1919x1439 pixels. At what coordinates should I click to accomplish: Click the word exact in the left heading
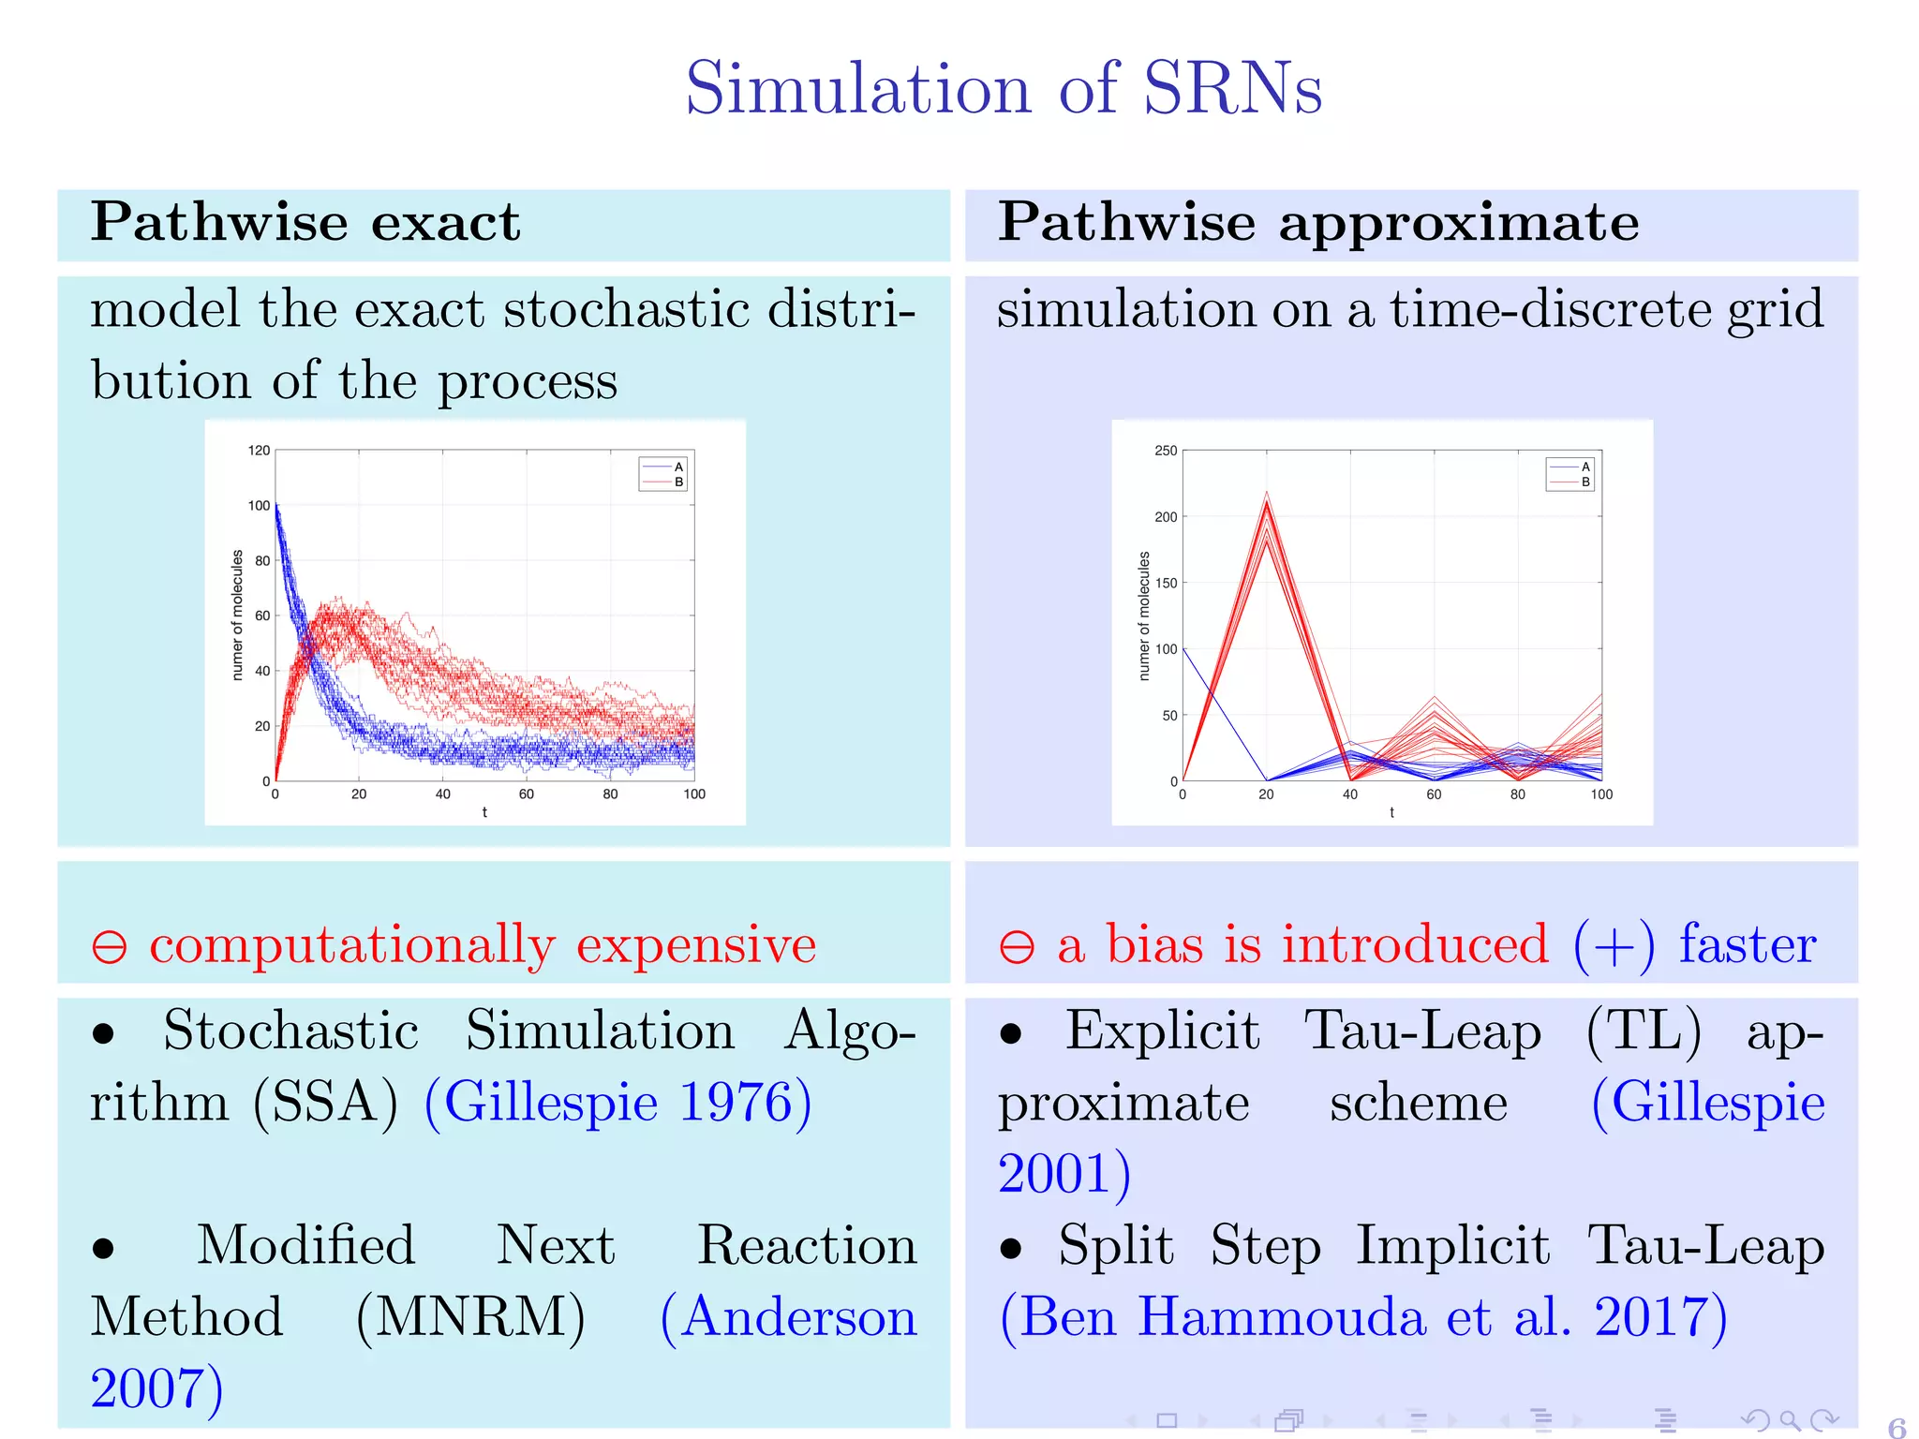(445, 223)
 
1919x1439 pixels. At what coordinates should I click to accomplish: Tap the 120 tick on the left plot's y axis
(259, 451)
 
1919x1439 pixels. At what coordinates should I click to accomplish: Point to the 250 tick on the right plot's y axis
(1166, 451)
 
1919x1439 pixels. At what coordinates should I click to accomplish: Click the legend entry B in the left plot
(678, 482)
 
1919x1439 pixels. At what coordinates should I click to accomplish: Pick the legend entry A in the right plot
(1585, 467)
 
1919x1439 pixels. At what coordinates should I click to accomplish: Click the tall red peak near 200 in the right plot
(1267, 506)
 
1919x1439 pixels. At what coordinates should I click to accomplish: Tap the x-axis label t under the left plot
(484, 812)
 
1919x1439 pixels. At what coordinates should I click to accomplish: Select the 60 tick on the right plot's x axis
(1434, 794)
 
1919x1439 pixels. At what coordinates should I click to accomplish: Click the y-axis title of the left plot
(237, 615)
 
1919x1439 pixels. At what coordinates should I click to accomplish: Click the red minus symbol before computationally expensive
(110, 946)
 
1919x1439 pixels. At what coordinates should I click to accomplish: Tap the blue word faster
(1747, 943)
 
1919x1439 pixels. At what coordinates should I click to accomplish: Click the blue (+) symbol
(1614, 945)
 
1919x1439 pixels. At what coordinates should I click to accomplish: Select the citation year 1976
(736, 1102)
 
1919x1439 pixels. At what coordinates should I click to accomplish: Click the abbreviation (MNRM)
(470, 1317)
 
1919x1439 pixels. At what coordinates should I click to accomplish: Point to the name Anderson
(798, 1317)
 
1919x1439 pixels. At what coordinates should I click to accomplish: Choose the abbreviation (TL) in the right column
(1643, 1031)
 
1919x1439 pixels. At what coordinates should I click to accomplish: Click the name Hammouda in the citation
(1281, 1317)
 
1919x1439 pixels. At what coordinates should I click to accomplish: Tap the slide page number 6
(1896, 1428)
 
